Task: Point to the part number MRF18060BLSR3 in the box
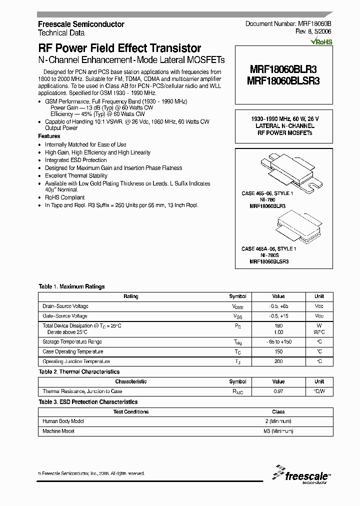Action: click(x=283, y=79)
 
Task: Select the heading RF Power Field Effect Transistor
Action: click(x=119, y=48)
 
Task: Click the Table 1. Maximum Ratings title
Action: click(x=71, y=286)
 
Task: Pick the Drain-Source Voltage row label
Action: click(x=65, y=306)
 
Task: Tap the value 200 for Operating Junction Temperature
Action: click(x=278, y=361)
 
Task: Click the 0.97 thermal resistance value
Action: click(x=278, y=391)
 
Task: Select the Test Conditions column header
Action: click(x=131, y=411)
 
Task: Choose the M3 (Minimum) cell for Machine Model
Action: click(x=278, y=431)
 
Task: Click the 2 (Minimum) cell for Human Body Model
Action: click(x=278, y=421)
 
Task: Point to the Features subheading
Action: click(x=49, y=136)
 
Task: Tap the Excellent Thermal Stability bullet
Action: click(x=76, y=175)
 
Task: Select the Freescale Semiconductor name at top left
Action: click(x=81, y=24)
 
